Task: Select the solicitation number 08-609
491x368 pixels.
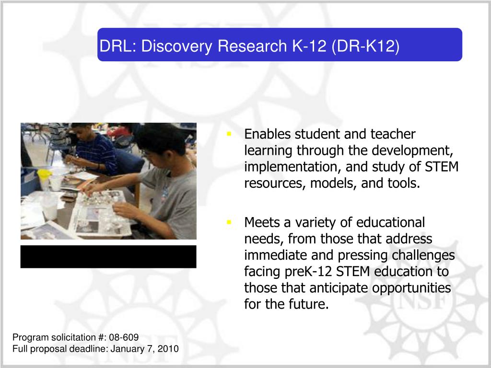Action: [124, 337]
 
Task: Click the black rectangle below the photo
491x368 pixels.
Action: [108, 257]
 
